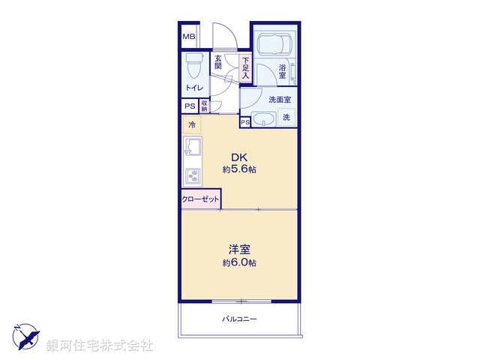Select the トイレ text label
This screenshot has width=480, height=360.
pos(193,88)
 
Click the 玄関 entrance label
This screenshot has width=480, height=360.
pos(218,62)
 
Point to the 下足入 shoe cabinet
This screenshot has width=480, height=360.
pos(244,68)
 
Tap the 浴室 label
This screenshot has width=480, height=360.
pos(283,72)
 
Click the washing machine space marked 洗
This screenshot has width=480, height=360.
pos(286,117)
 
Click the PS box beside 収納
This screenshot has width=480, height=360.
pos(190,106)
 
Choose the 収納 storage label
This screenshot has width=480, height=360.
pos(204,106)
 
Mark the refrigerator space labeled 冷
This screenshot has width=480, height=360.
pos(192,124)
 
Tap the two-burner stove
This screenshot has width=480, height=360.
pos(192,177)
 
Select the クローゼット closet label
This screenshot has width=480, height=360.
pos(200,199)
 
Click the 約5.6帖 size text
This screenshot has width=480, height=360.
pos(239,170)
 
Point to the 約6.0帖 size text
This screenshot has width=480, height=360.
pos(239,263)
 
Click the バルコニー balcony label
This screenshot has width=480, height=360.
pos(239,319)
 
